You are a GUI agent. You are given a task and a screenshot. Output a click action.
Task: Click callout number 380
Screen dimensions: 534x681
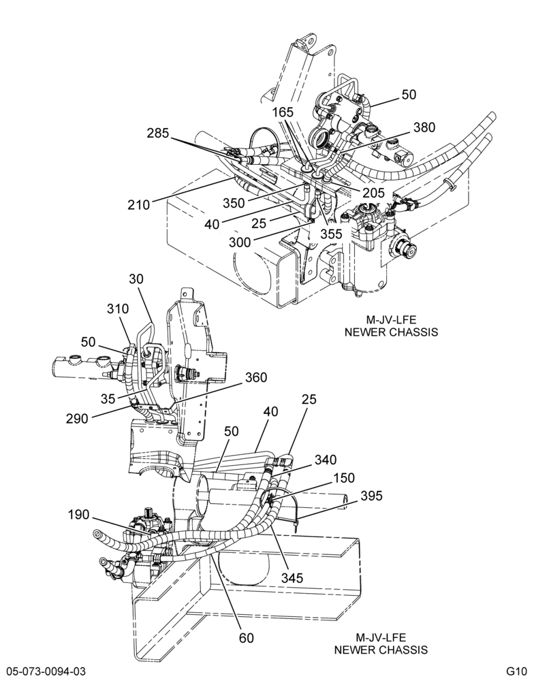(424, 127)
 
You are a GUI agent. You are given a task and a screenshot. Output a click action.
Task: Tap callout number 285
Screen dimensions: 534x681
(158, 133)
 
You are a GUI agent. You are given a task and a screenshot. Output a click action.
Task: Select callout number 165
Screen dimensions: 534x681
(283, 112)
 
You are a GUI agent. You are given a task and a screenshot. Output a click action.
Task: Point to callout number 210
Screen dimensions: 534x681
(139, 204)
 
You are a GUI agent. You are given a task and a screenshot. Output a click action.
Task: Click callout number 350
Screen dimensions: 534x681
(234, 203)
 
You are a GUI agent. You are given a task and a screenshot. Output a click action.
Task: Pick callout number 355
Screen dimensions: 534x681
(332, 234)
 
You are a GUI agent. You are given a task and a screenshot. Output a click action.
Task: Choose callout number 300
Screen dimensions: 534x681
(240, 242)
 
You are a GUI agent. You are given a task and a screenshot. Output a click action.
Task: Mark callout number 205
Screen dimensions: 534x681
(374, 193)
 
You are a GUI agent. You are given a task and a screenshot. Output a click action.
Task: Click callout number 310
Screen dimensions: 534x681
(119, 308)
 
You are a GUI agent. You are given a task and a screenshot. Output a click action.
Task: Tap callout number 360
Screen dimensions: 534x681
(256, 377)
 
